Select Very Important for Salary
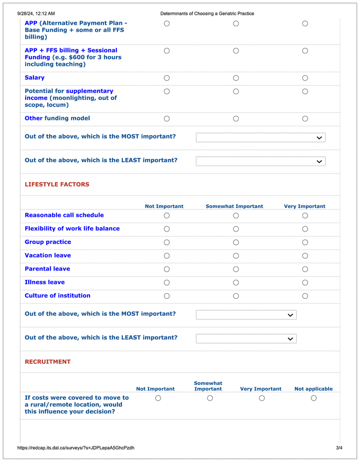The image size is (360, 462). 305,78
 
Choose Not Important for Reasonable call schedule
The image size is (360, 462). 167,216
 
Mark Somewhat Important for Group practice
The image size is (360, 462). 236,242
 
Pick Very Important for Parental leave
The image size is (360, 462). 305,269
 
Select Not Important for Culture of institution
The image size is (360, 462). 167,296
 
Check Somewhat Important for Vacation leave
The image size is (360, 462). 236,256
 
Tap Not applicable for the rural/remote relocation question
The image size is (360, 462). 314,398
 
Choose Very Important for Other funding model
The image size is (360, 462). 305,119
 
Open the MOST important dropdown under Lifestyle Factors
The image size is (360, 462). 246,315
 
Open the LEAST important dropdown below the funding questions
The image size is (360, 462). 260,162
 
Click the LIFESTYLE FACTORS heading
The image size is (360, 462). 57,185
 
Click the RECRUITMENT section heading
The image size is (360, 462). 48,362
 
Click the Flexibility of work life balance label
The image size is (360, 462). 72,229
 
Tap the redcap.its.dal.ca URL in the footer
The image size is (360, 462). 76,448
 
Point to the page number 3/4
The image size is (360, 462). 339,448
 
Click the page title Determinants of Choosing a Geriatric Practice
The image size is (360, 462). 207,13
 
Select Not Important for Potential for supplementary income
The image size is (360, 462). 167,92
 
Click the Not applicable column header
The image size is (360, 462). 313,389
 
